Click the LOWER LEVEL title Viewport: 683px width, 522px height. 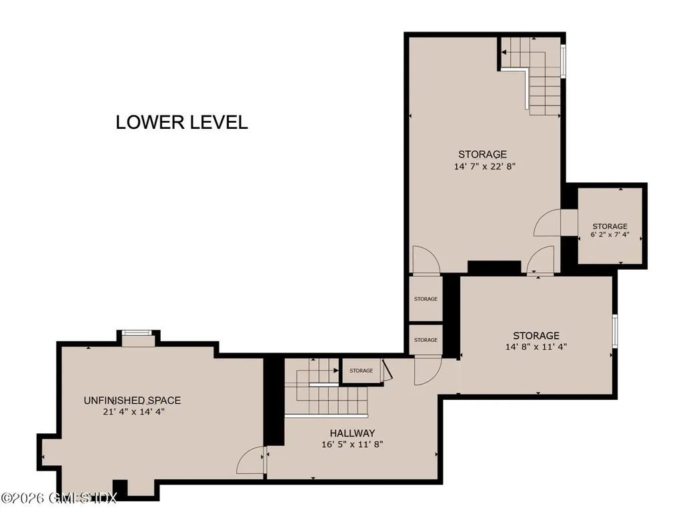pos(181,122)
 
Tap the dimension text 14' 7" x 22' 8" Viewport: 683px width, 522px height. pos(484,166)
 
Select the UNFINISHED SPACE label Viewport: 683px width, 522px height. pos(133,400)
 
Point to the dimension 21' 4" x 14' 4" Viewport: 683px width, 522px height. pos(133,412)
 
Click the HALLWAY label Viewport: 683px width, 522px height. pos(352,433)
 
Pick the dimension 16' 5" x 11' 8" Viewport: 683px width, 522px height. pos(352,445)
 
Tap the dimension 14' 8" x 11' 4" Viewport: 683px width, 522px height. pos(536,346)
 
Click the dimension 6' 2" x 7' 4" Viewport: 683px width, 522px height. pos(610,234)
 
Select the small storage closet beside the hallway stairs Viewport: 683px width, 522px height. pos(361,370)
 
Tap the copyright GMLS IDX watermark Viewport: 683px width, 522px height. pos(59,497)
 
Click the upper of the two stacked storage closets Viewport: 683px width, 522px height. pos(426,299)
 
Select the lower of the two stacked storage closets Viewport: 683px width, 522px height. pos(426,340)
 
